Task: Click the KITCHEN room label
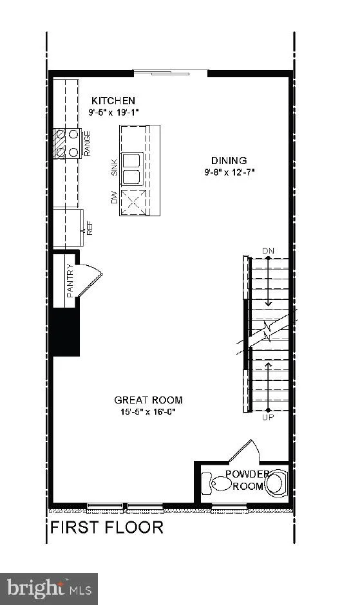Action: pyautogui.click(x=113, y=100)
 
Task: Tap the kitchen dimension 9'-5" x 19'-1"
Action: pyautogui.click(x=113, y=112)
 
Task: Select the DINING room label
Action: pyautogui.click(x=229, y=160)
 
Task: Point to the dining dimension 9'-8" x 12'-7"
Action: pyautogui.click(x=229, y=172)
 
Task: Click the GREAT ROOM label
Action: pyautogui.click(x=148, y=400)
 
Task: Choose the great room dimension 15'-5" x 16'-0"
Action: pyautogui.click(x=148, y=412)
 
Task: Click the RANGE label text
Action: pyautogui.click(x=88, y=144)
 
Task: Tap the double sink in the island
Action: pyautogui.click(x=132, y=169)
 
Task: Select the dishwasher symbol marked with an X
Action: pyautogui.click(x=133, y=202)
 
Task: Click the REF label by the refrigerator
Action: pyautogui.click(x=90, y=228)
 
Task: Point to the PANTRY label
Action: pyautogui.click(x=70, y=281)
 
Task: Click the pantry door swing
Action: pyautogui.click(x=90, y=280)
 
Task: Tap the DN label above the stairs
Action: pyautogui.click(x=268, y=251)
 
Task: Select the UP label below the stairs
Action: pyautogui.click(x=268, y=417)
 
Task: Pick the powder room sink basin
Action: pyautogui.click(x=276, y=482)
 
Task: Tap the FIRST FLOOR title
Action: pyautogui.click(x=107, y=528)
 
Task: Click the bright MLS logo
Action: pyautogui.click(x=49, y=589)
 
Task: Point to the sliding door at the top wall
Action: pyautogui.click(x=171, y=72)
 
